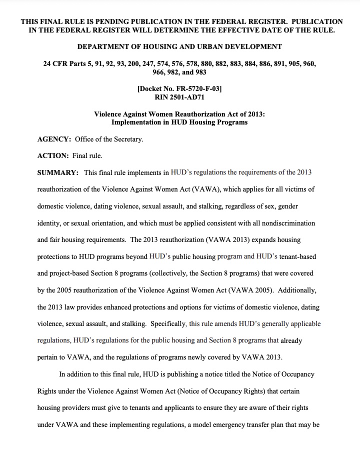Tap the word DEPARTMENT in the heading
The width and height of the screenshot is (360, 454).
102,47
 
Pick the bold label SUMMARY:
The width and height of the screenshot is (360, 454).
58,172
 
